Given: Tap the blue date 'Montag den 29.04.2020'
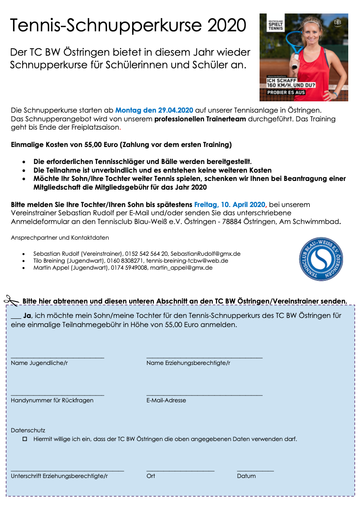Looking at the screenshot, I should [154, 110].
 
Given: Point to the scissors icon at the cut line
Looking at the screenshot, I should [12, 300].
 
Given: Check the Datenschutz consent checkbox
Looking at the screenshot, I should [25, 439].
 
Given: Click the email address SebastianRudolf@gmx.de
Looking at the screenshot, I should [205, 254].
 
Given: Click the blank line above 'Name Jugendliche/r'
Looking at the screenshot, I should [57, 358].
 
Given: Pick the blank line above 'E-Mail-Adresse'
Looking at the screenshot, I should [204, 395].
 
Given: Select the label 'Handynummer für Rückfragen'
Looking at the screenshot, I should [52, 400].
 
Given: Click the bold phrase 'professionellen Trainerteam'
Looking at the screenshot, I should [200, 119].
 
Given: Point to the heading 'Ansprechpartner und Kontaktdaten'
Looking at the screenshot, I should [60, 237].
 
